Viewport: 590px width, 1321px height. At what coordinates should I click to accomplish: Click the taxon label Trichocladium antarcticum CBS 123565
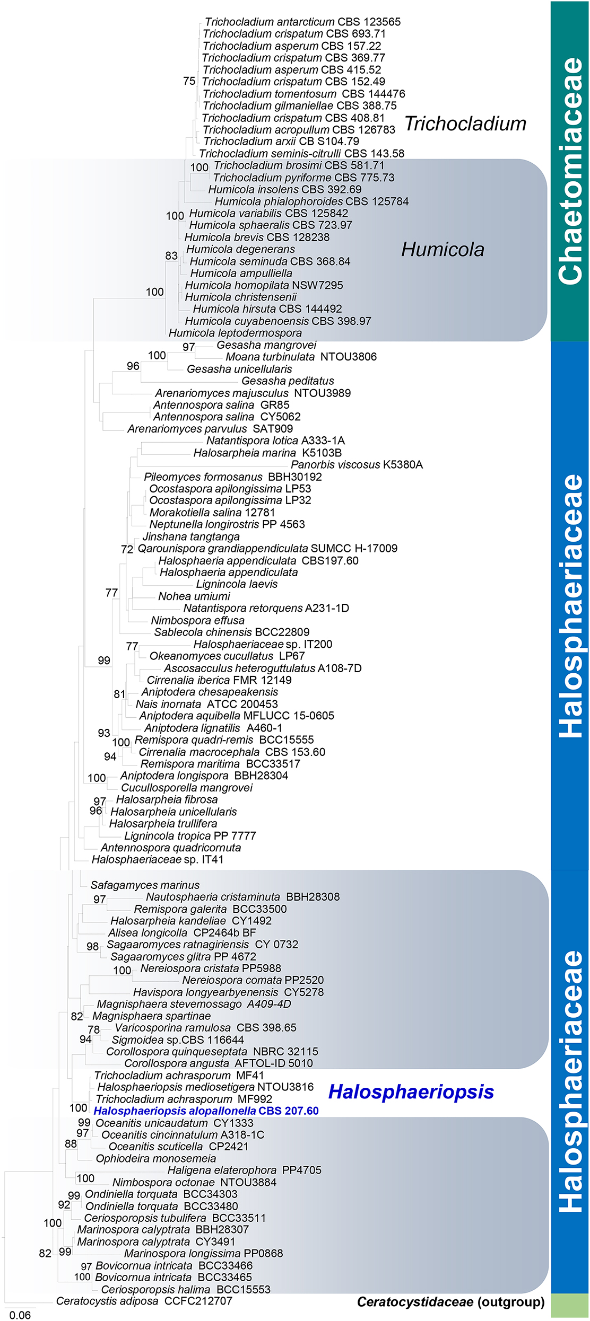pyautogui.click(x=302, y=22)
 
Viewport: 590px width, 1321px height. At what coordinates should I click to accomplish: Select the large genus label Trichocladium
pyautogui.click(x=465, y=124)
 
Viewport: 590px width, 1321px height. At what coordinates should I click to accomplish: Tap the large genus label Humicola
pyautogui.click(x=442, y=249)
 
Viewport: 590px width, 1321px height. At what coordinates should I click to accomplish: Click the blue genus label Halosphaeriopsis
pyautogui.click(x=411, y=1091)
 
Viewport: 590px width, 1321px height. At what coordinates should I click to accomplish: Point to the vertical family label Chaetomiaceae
pyautogui.click(x=570, y=171)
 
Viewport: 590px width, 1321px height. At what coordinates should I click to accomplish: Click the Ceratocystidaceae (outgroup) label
pyautogui.click(x=450, y=1302)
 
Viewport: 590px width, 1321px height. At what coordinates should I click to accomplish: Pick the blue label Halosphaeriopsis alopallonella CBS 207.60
pyautogui.click(x=206, y=1111)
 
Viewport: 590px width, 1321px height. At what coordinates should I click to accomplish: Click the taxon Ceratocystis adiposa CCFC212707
pyautogui.click(x=144, y=1301)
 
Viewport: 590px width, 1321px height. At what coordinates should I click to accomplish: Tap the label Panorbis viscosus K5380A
pyautogui.click(x=357, y=465)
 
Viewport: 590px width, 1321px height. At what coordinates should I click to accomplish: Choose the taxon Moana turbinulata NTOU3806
pyautogui.click(x=301, y=357)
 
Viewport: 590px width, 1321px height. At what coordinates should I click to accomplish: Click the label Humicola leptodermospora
pyautogui.click(x=235, y=333)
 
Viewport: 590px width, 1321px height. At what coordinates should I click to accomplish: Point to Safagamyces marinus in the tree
pyautogui.click(x=145, y=885)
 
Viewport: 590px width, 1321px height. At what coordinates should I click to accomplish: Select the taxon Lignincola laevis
pyautogui.click(x=237, y=584)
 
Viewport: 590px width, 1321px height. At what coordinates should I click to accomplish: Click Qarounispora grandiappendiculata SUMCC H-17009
pyautogui.click(x=267, y=548)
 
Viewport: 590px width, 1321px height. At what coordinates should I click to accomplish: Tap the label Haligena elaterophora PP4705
pyautogui.click(x=245, y=1170)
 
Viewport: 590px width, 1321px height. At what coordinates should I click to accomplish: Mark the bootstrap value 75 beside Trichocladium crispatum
pyautogui.click(x=189, y=81)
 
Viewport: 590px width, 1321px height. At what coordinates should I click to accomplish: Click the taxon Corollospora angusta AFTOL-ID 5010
pyautogui.click(x=219, y=1063)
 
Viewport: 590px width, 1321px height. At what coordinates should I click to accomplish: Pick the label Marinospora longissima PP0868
pyautogui.click(x=203, y=1253)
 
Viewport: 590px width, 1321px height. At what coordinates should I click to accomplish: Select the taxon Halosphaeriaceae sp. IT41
pyautogui.click(x=158, y=859)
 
